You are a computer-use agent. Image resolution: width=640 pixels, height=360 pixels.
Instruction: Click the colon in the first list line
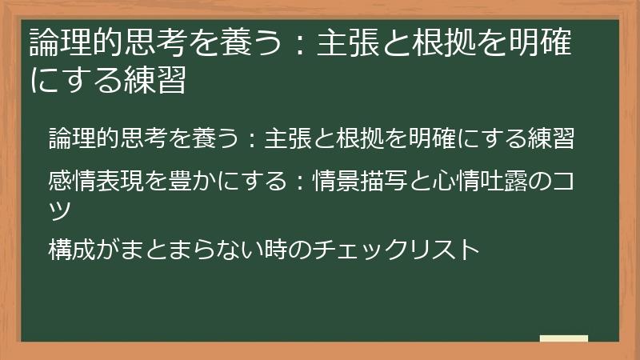pos(250,138)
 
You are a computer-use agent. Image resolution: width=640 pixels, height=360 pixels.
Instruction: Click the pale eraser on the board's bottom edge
pos(564,339)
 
